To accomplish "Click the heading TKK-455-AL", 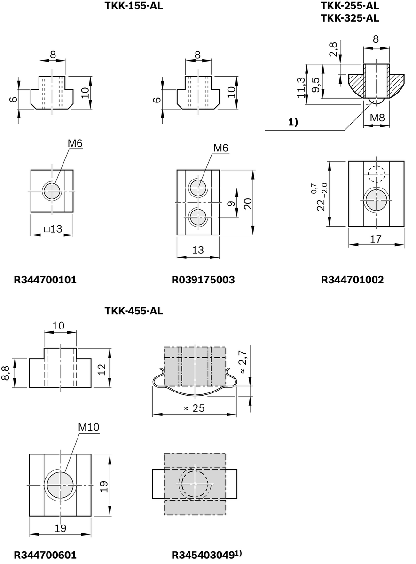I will click(134, 311).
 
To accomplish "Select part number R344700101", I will click(45, 280).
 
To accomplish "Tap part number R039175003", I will click(204, 280).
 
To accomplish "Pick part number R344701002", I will click(352, 280).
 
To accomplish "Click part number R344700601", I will click(45, 555).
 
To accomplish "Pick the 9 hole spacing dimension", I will click(230, 204).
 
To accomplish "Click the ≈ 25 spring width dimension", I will click(195, 408).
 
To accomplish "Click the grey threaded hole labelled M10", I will click(60, 484).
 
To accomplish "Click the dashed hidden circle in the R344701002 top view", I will click(376, 175).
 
